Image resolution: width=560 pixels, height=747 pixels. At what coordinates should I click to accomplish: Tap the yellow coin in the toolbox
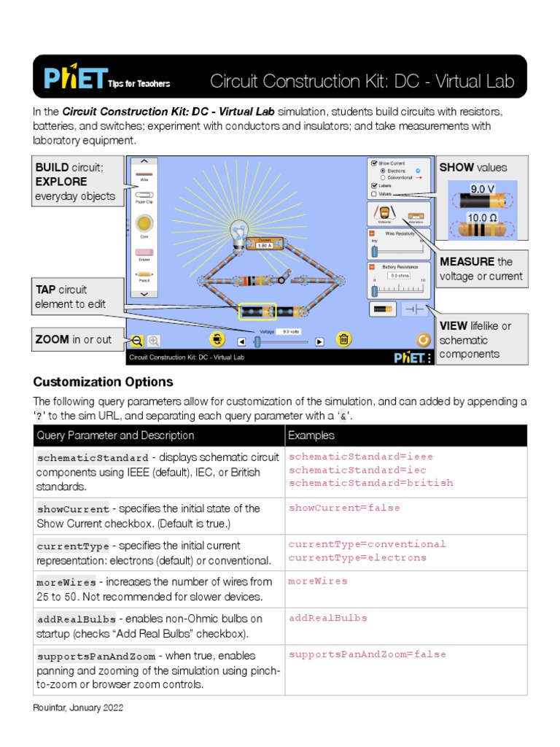(x=144, y=223)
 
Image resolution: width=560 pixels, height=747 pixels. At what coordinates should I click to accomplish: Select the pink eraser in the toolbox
(x=144, y=252)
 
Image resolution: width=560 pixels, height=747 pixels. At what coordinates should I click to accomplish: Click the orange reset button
(x=422, y=339)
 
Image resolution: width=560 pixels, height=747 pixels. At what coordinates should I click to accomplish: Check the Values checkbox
(x=375, y=194)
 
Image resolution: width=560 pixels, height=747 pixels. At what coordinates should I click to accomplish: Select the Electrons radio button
(x=384, y=171)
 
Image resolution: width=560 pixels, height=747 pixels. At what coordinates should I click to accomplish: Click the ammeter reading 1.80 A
(x=264, y=245)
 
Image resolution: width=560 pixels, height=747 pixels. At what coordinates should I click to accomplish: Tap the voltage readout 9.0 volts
(x=289, y=331)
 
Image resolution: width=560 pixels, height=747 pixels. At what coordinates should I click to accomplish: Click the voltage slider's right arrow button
(x=319, y=341)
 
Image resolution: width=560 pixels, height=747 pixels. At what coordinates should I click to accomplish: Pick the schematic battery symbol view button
(x=414, y=309)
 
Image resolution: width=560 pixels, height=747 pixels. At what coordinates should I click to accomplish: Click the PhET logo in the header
(x=73, y=77)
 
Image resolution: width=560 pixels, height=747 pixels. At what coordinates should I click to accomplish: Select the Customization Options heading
(x=103, y=382)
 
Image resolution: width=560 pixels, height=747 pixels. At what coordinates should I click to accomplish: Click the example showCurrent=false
(x=343, y=508)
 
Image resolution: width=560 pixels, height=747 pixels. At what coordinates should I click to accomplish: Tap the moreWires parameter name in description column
(x=66, y=583)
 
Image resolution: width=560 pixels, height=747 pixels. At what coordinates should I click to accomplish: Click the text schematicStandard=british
(x=370, y=483)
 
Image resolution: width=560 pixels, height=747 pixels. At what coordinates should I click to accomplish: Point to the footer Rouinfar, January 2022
(x=78, y=708)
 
